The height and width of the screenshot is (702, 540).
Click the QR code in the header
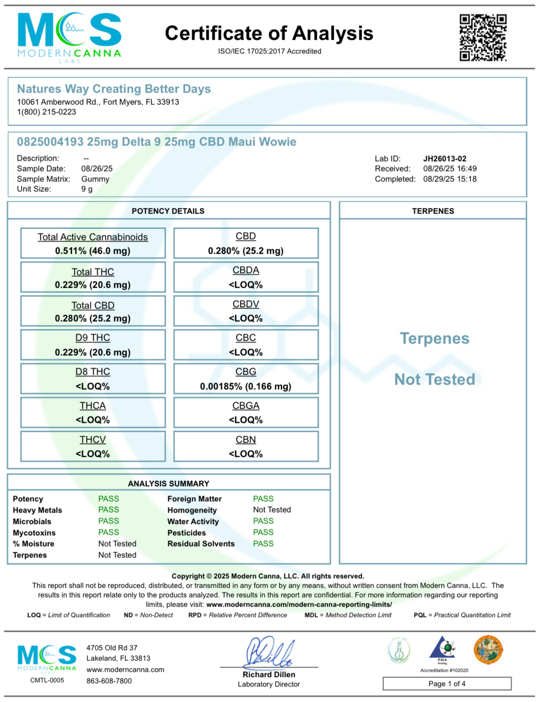483,38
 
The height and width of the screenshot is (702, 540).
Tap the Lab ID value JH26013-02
445,159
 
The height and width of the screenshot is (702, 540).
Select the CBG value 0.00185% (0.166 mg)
245,386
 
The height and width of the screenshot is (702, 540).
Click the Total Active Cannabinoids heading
93,237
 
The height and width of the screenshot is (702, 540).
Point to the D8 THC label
93,372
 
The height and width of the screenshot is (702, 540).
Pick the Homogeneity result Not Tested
272,510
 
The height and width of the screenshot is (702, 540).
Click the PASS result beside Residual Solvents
263,544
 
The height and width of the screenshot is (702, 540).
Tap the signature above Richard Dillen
269,652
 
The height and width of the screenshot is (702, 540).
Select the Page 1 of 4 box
447,684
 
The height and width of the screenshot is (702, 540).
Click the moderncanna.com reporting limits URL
299,605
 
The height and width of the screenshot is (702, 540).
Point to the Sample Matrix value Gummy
95,179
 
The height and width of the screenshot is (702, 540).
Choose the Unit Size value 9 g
87,189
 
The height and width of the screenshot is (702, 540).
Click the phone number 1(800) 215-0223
46,112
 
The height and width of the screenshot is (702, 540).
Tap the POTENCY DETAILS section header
168,211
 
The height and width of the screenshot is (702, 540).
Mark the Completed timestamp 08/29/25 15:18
450,179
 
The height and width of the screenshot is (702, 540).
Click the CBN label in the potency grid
245,440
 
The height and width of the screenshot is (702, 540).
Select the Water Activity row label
193,522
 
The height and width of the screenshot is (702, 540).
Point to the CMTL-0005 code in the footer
47,680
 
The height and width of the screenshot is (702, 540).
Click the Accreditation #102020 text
444,670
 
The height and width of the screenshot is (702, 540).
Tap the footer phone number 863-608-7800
109,681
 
